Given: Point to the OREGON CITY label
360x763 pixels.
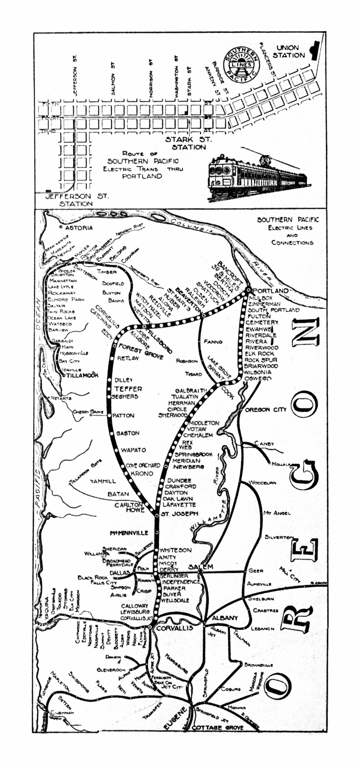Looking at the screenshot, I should pyautogui.click(x=266, y=410).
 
